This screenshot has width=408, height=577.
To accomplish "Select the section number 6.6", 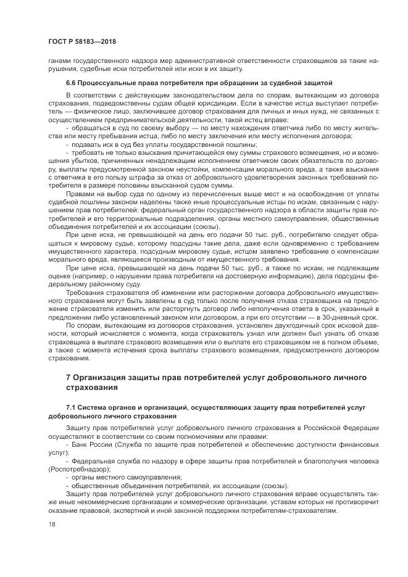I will pos(71,82).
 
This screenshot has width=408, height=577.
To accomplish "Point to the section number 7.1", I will pos(71,407).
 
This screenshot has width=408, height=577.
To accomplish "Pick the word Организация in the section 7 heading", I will pos(101,377).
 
